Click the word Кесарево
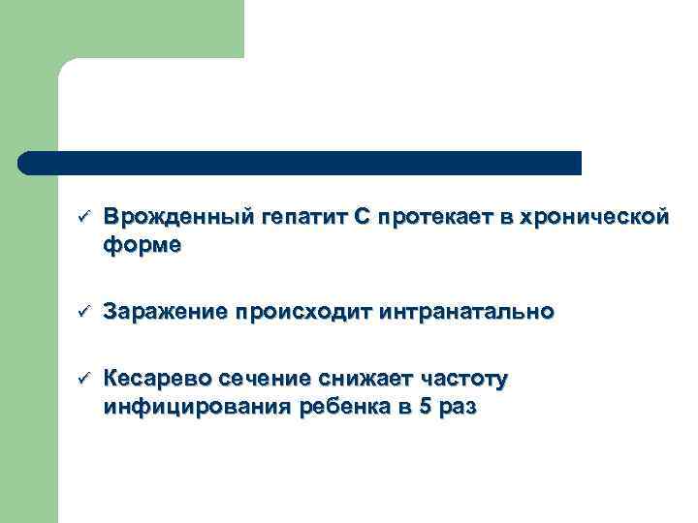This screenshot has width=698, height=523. (x=159, y=379)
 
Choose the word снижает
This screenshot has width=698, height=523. (x=360, y=379)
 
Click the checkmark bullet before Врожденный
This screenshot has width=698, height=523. (x=83, y=215)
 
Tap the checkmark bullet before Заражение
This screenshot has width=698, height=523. (x=83, y=311)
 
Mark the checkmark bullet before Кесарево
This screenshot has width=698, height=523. (x=83, y=378)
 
